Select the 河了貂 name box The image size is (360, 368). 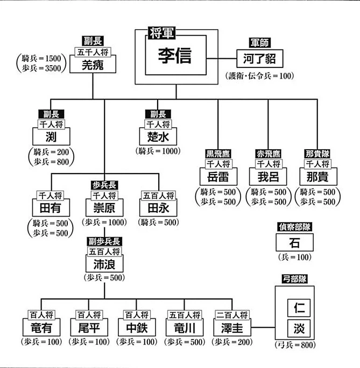(x=259, y=59)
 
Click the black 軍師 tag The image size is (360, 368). (x=259, y=43)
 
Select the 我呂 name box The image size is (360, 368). (x=267, y=177)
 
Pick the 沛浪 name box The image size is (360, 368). (x=104, y=264)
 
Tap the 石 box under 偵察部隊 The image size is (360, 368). (x=294, y=242)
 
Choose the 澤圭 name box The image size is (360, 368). (x=234, y=327)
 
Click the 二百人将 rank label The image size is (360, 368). (x=234, y=314)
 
